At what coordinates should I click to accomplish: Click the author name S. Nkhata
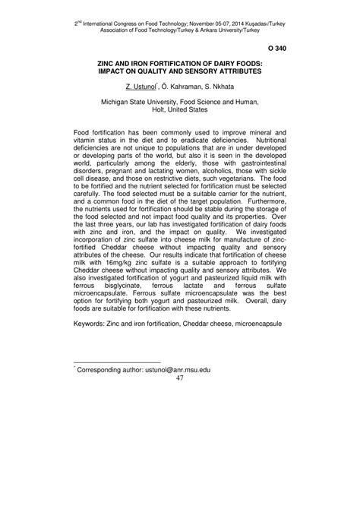218,86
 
